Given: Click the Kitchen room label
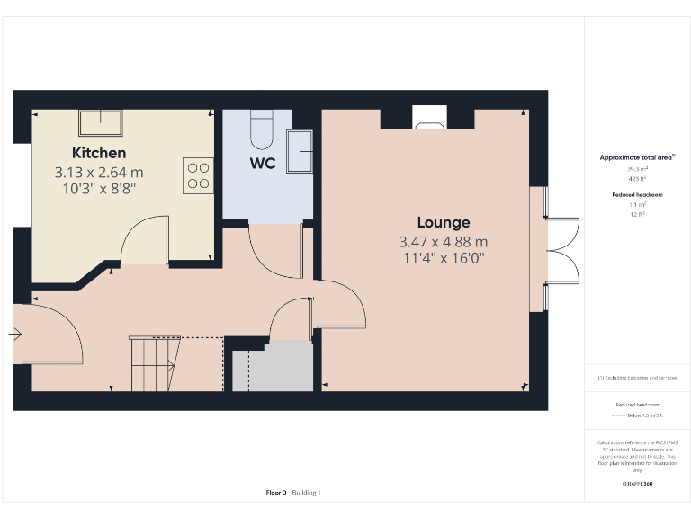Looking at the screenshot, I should (99, 153).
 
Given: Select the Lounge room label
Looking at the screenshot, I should (443, 222).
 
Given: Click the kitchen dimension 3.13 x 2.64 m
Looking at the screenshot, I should (99, 172).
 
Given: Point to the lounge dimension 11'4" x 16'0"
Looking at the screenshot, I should (443, 259).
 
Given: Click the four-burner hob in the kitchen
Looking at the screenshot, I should (199, 175).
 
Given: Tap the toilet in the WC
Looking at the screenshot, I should (262, 129).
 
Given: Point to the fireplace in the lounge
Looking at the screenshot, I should (427, 116).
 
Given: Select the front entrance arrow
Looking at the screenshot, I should (15, 334).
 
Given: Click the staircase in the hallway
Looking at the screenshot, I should (154, 364).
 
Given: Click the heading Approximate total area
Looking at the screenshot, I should (636, 157).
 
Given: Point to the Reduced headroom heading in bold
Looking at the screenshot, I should (636, 194).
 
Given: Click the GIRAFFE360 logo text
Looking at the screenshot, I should (636, 485).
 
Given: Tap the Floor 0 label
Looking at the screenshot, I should (275, 492).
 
